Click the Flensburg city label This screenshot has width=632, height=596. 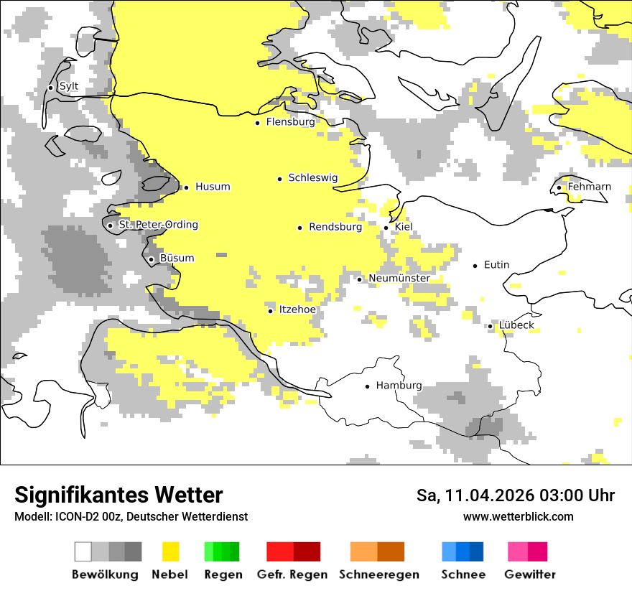pyautogui.click(x=290, y=122)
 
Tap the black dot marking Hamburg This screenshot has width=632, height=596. pyautogui.click(x=368, y=386)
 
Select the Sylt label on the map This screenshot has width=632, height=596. pyautogui.click(x=68, y=87)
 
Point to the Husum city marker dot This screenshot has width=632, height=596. pyautogui.click(x=186, y=187)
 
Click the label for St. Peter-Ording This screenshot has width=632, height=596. pyautogui.click(x=158, y=225)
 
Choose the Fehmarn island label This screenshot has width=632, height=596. pyautogui.click(x=589, y=187)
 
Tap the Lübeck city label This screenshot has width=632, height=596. pyautogui.click(x=516, y=325)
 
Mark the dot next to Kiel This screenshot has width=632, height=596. pyautogui.click(x=386, y=228)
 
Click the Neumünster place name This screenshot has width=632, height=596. pyautogui.click(x=399, y=278)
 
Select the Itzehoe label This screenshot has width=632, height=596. pyautogui.click(x=297, y=309)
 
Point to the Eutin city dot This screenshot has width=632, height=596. pyautogui.click(x=475, y=266)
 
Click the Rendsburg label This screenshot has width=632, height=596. pyautogui.click(x=335, y=227)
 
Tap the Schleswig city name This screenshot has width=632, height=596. pyautogui.click(x=312, y=177)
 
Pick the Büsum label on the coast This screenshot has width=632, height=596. pyautogui.click(x=177, y=259)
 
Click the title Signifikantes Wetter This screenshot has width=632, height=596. pyautogui.click(x=118, y=495)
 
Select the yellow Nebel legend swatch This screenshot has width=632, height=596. pyautogui.click(x=171, y=551)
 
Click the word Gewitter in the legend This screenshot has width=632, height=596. pyautogui.click(x=529, y=574)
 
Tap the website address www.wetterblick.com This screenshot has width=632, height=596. pyautogui.click(x=518, y=516)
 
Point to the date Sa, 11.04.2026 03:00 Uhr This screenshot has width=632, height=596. pyautogui.click(x=515, y=495)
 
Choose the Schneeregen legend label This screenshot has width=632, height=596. pyautogui.click(x=379, y=574)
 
